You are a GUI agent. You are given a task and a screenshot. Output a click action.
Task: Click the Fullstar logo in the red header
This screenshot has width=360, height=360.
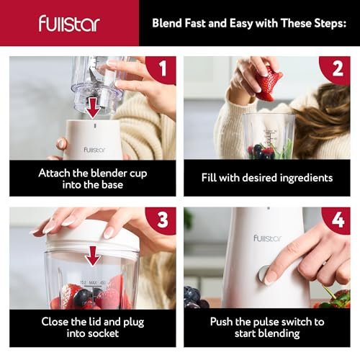(69, 23)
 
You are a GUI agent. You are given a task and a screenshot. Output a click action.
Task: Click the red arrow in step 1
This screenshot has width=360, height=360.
(94, 108)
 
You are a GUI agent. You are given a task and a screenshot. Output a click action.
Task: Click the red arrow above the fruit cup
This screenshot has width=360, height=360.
(93, 256)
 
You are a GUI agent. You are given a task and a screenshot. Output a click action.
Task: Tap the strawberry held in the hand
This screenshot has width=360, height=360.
(269, 84)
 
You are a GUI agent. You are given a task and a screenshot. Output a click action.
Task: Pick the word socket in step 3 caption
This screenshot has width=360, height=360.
(105, 333)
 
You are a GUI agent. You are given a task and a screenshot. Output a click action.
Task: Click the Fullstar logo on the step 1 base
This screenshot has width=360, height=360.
(94, 150)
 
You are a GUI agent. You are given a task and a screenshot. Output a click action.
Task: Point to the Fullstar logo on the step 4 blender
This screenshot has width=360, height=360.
(267, 238)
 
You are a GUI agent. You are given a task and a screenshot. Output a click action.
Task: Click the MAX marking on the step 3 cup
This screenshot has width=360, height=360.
(93, 283)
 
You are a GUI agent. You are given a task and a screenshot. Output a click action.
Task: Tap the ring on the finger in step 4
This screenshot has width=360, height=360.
(324, 264)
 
